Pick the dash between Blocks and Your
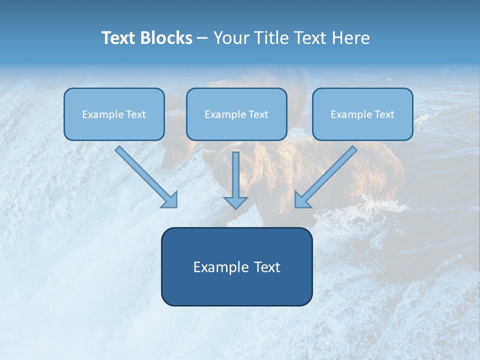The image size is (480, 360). [x=202, y=38]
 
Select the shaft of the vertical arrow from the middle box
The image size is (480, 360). [x=235, y=172]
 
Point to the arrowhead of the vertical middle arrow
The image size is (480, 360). [x=235, y=202]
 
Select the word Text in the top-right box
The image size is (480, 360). [x=384, y=114]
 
